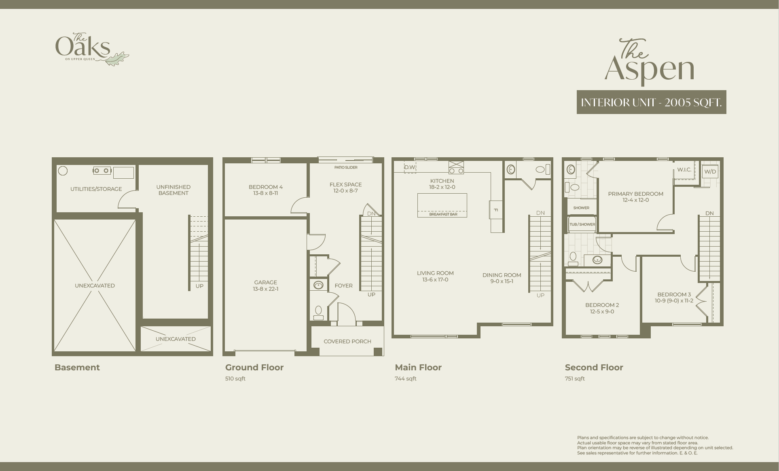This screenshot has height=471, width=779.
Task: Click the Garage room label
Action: pos(266,282)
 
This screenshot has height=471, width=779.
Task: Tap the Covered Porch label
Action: pos(347,341)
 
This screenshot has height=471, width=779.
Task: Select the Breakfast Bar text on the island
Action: pos(443,214)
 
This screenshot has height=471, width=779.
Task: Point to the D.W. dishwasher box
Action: pos(410,167)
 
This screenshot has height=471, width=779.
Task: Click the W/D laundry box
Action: pos(710,171)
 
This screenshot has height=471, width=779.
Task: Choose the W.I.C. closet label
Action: pos(684,169)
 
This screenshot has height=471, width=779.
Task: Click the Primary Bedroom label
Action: pos(636,194)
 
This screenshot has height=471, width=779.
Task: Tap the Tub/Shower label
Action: pos(582,224)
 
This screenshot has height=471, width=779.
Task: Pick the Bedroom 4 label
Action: pos(266,187)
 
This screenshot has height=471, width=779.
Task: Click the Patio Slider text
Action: pos(346,167)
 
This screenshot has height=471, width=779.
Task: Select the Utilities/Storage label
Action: pos(96,189)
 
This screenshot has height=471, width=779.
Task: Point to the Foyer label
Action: pos(343,285)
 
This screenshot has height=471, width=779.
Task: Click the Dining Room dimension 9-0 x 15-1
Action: pos(502,281)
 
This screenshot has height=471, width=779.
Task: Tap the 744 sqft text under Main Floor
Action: pos(406,379)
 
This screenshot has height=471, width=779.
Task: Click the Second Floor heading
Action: pos(594,368)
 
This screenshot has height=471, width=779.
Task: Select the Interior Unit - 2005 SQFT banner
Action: pos(652,102)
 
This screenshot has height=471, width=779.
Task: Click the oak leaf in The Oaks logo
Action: pos(118,59)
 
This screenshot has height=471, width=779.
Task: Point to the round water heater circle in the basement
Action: pos(63,171)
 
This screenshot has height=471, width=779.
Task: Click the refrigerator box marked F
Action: pos(496,210)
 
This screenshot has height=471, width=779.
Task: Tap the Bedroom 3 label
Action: pos(674,294)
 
